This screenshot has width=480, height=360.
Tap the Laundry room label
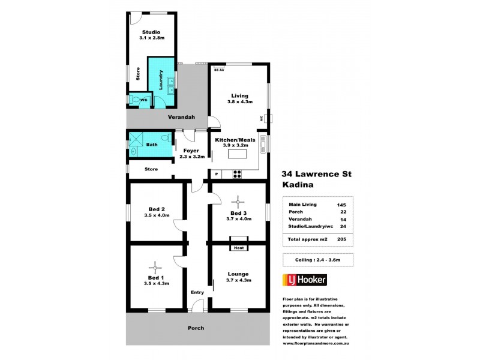coord(161,80)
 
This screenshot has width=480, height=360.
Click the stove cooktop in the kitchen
coord(237,174)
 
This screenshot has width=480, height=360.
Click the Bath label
coord(152,144)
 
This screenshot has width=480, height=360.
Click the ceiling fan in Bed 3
coord(238,201)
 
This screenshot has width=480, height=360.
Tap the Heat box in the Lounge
coord(238,247)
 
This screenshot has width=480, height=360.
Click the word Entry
coord(197,292)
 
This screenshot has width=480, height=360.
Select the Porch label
coord(196,328)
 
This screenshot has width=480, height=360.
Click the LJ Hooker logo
coord(304,281)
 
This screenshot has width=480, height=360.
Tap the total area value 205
coord(341,239)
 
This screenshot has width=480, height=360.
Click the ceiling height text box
coord(317,260)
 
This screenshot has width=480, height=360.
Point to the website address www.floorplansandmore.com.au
coord(316,343)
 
